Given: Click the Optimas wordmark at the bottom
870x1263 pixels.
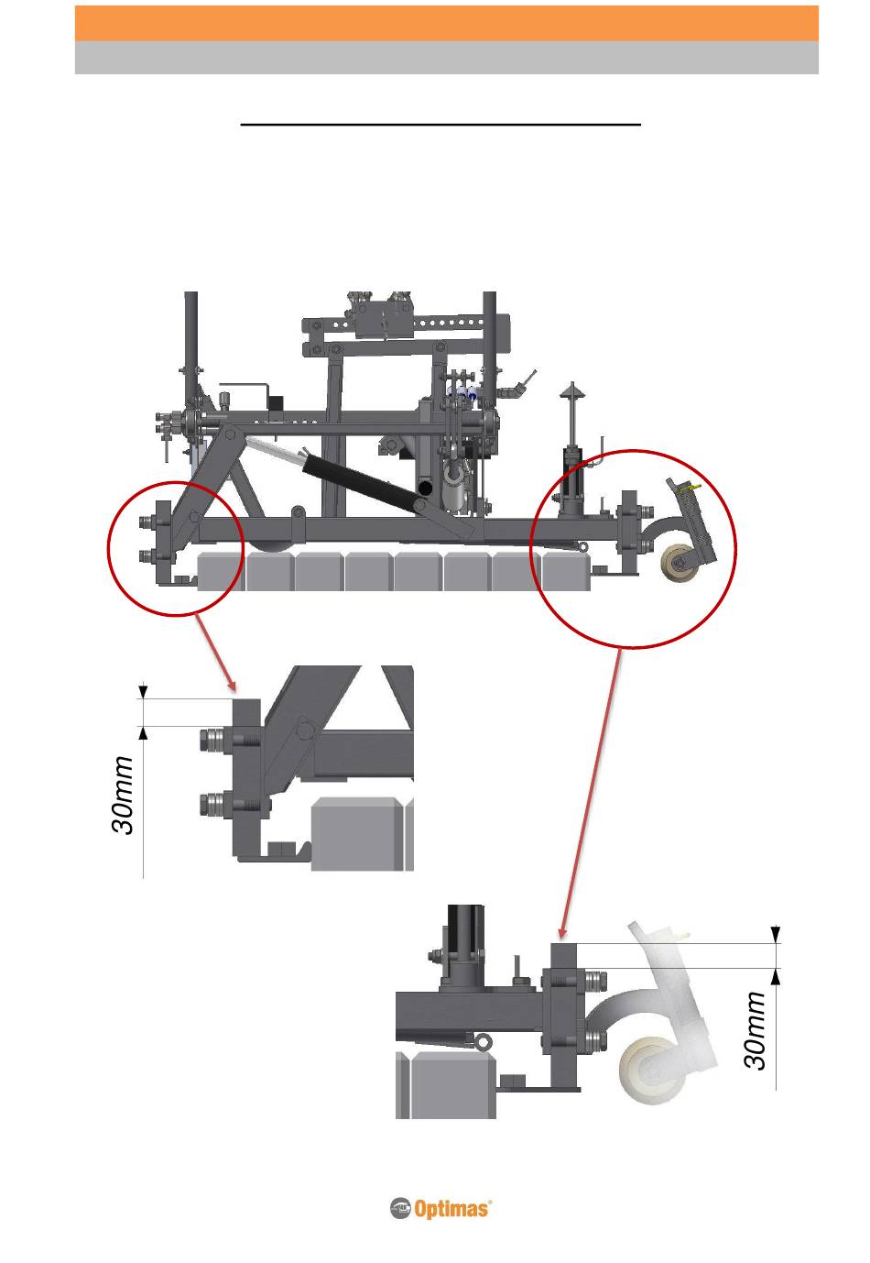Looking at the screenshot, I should click(452, 1210).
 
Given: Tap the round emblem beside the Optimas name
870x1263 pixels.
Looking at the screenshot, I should click(400, 1209).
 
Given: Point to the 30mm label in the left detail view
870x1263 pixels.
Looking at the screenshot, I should click(124, 795).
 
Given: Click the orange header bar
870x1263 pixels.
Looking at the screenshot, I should click(446, 23).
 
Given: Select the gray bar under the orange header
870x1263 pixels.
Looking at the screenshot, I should click(446, 58).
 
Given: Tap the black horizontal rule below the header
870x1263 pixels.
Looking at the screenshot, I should click(440, 123).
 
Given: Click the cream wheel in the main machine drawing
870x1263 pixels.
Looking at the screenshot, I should click(679, 561).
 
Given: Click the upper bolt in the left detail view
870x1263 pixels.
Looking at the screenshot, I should click(213, 739).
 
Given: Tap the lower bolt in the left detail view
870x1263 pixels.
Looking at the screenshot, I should click(213, 806).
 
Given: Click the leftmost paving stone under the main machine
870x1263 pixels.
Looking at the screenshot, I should click(222, 572).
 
